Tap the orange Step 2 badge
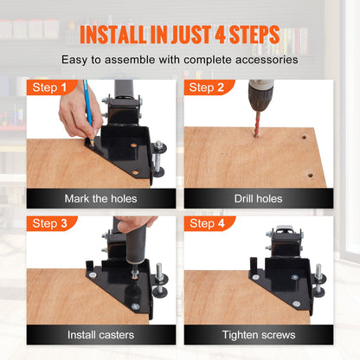(x=206, y=88)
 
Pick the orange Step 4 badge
(x=206, y=223)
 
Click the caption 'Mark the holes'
(x=100, y=198)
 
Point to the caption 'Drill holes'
(x=258, y=198)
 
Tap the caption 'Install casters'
(x=100, y=333)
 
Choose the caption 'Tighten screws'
(x=258, y=333)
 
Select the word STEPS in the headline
(x=249, y=35)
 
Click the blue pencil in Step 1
(x=88, y=108)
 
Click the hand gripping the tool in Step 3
(x=134, y=226)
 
